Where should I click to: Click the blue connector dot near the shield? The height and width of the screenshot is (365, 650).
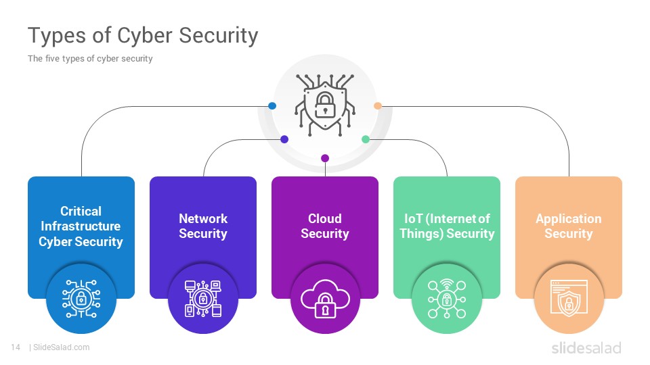pos(272,106)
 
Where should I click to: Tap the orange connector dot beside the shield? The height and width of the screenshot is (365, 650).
pos(378,106)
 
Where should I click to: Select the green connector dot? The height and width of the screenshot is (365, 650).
pos(366,139)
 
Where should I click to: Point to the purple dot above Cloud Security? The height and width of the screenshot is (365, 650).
pos(325,158)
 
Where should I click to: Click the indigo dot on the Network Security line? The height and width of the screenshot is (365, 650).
pos(284,139)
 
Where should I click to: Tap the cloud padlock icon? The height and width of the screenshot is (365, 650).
pos(325,299)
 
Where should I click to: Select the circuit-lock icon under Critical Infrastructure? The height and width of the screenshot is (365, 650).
pos(81,299)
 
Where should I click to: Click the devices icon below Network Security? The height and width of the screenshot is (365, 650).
pos(203,299)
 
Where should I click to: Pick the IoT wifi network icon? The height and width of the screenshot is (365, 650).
pos(447,299)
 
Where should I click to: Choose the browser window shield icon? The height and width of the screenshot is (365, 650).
pos(569,299)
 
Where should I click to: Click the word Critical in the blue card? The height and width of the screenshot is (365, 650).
pos(81,211)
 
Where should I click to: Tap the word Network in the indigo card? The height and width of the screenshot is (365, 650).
pos(203,218)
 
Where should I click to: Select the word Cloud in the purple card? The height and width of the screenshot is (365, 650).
pos(325,218)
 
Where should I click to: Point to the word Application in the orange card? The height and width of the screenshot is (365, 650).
pos(569,219)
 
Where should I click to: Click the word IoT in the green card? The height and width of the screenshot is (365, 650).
pos(413,218)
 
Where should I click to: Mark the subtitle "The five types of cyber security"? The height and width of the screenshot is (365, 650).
pos(90,59)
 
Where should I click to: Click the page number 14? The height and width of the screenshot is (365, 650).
pos(16,347)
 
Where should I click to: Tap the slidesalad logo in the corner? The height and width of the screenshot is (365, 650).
pos(586,348)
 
